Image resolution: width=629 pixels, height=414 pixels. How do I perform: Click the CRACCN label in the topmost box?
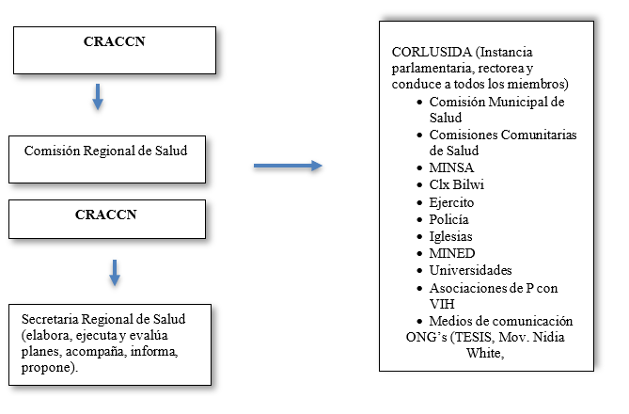[106, 40]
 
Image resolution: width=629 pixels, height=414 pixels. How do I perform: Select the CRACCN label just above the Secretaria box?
[106, 214]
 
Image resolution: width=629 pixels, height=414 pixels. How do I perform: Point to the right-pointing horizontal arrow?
[288, 167]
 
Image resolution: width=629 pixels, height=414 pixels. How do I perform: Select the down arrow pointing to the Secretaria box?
[116, 272]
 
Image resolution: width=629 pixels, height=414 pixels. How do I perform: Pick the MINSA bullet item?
[449, 167]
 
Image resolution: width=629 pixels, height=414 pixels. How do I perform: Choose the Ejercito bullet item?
[451, 202]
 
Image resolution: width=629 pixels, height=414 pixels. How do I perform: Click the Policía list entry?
[449, 219]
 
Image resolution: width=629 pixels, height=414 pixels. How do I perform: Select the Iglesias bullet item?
[451, 236]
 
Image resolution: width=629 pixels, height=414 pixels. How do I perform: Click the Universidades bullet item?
[471, 270]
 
